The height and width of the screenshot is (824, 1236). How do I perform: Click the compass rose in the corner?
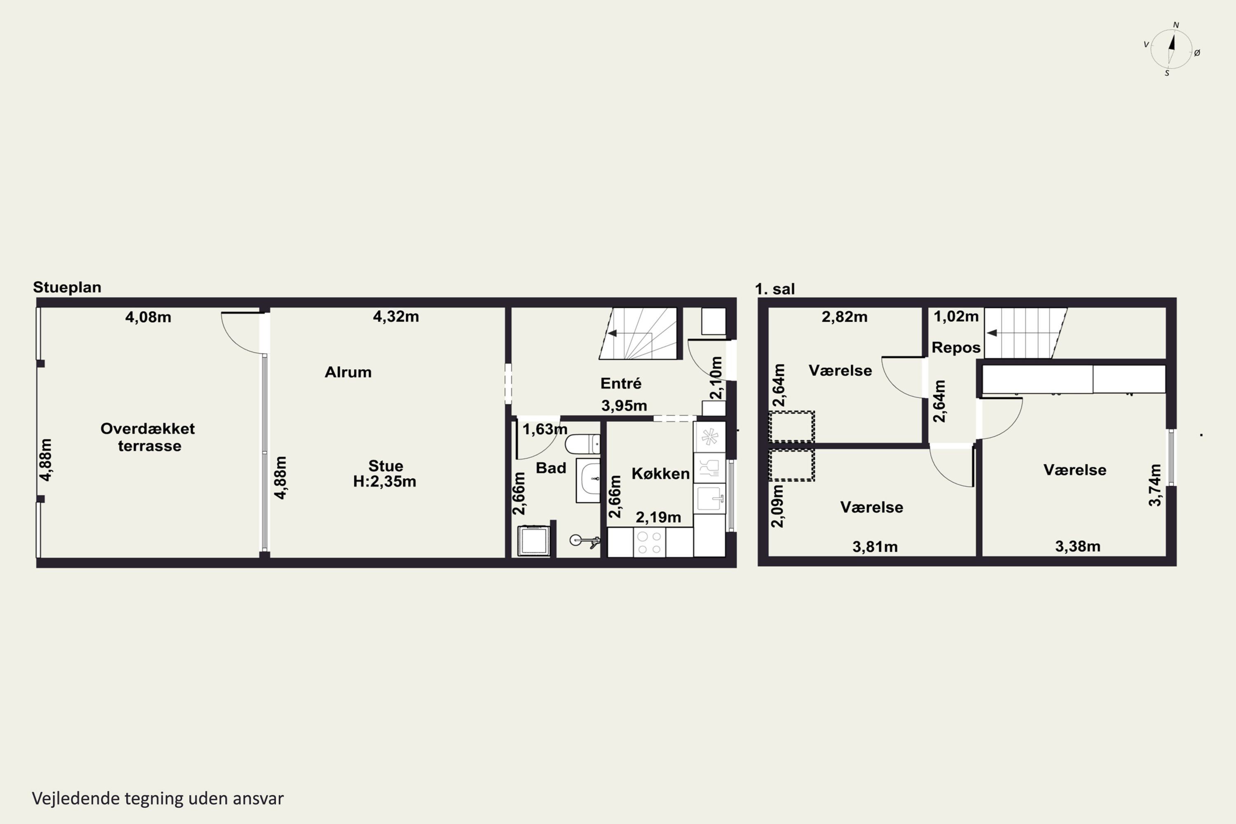tap(1171, 49)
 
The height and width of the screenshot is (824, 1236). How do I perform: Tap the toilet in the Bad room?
tap(582, 444)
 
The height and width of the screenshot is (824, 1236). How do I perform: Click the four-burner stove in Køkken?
tap(650, 542)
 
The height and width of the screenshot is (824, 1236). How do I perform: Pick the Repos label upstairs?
tap(956, 348)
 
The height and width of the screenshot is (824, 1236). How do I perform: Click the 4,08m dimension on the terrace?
tap(148, 317)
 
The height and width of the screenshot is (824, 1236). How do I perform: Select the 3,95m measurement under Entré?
tap(624, 406)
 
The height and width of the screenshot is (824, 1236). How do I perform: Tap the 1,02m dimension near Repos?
tap(956, 316)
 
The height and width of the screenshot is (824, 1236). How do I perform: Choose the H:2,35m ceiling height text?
tap(385, 481)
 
